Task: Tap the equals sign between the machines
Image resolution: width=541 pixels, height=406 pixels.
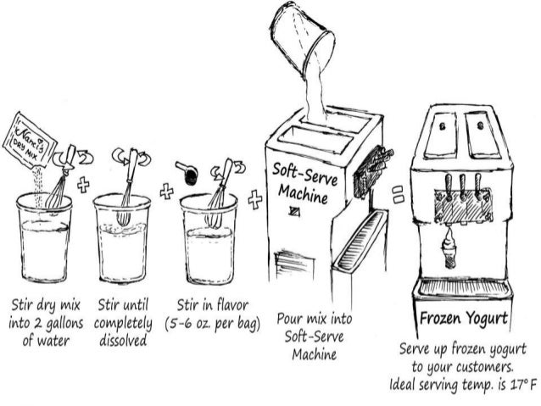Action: [x=396, y=197]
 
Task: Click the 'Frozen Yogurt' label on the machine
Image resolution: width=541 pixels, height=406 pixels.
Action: [x=463, y=320]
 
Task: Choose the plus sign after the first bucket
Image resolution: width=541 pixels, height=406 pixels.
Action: [x=82, y=186]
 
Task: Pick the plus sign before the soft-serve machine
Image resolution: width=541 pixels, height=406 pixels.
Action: [x=254, y=200]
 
